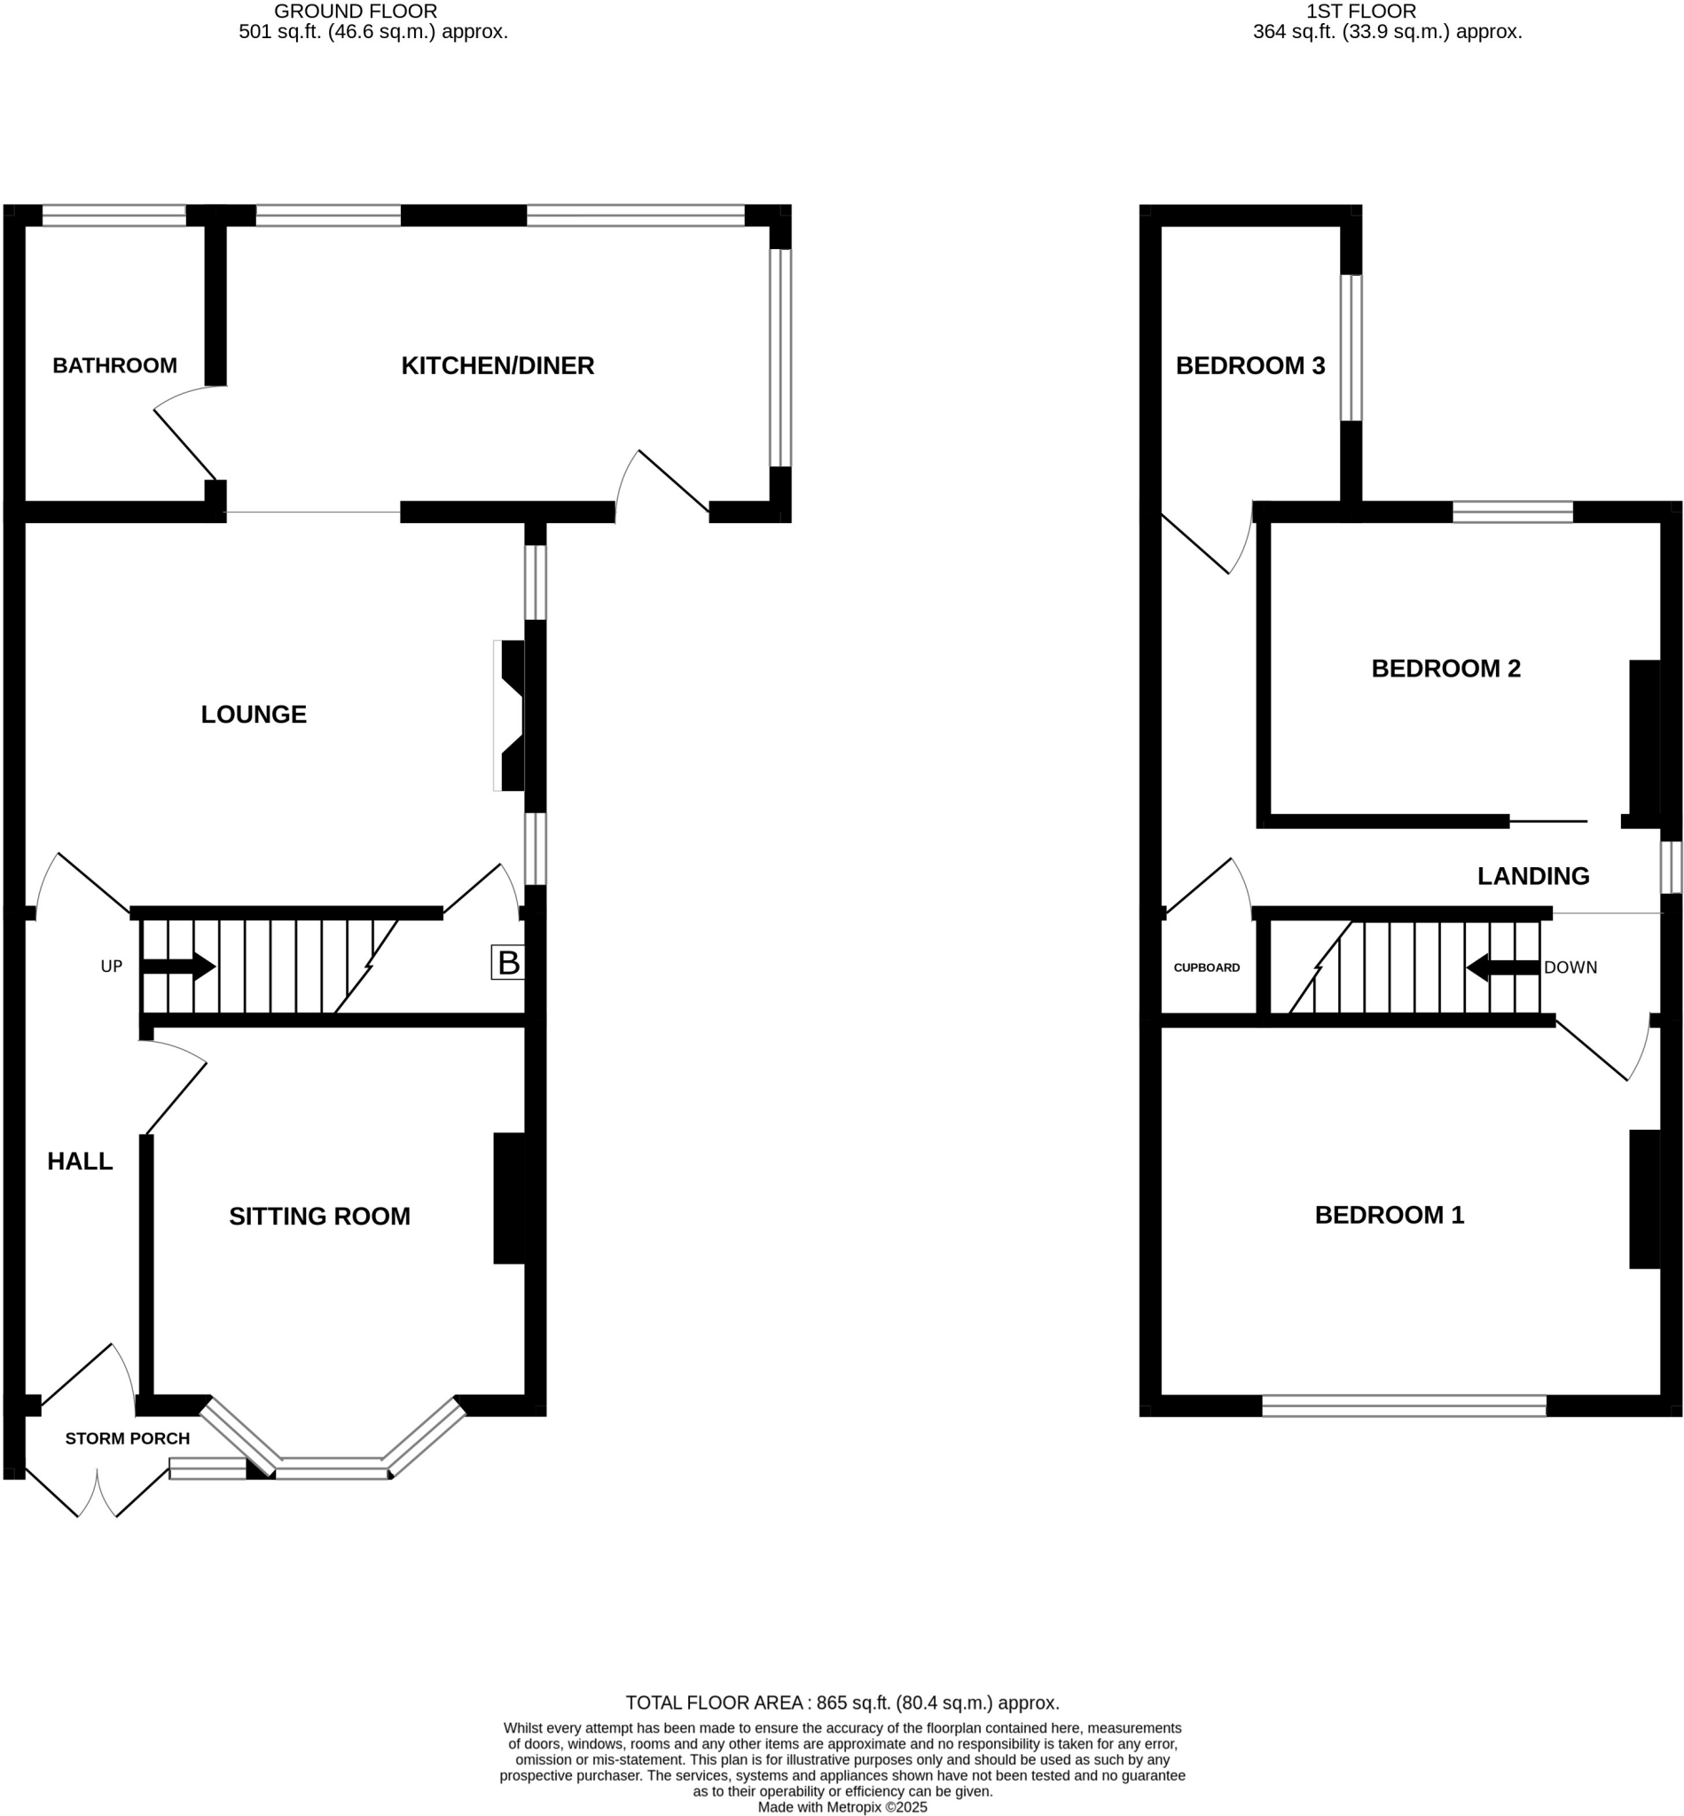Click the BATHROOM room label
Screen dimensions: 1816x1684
coord(114,365)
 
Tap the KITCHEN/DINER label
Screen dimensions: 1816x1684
coord(497,365)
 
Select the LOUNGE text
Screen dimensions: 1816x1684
coord(254,715)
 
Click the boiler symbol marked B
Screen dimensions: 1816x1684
coord(507,962)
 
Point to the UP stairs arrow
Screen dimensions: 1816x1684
coord(178,967)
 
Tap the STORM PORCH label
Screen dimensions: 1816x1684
coord(128,1438)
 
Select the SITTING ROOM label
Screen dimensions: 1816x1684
coord(319,1217)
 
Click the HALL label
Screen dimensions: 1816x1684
coord(80,1161)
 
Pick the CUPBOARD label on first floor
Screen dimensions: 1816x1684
coord(1207,967)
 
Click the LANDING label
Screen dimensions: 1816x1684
coord(1532,876)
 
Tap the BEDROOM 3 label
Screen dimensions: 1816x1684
coord(1250,365)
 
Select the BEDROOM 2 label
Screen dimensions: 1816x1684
coord(1445,668)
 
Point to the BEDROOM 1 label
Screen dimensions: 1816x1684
coord(1389,1215)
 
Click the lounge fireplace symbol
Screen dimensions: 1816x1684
coord(511,716)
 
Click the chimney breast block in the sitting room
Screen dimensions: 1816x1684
coord(509,1198)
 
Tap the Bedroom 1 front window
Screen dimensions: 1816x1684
coord(1403,1405)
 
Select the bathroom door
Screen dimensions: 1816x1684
coord(185,443)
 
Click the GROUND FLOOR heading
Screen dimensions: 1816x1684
coord(356,12)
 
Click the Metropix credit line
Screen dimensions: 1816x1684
coord(842,1806)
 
